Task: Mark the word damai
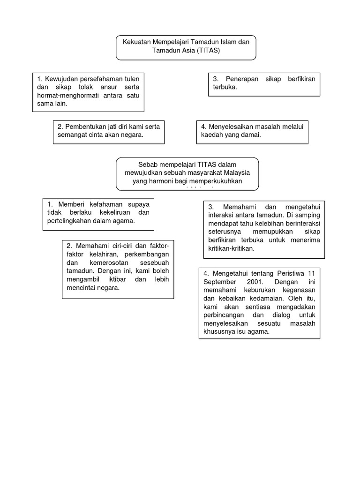[x=251, y=135]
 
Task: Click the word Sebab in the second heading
[x=147, y=164]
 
